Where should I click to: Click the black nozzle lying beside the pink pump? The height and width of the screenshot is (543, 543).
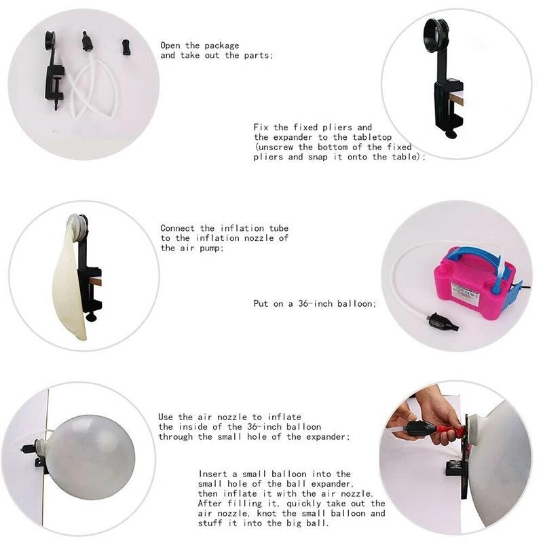(x=443, y=322)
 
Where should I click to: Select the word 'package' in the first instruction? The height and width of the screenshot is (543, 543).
(x=222, y=45)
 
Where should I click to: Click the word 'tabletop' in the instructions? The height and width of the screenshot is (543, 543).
(x=372, y=137)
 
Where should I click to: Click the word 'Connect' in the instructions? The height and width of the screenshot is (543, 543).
(x=177, y=228)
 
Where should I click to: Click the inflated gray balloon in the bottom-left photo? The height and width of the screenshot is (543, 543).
(x=91, y=457)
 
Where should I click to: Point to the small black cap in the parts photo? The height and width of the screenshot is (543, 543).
(x=126, y=48)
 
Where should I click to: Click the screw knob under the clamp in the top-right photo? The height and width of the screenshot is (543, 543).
(x=451, y=133)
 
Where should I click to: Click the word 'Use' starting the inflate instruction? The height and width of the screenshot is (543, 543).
(x=166, y=417)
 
